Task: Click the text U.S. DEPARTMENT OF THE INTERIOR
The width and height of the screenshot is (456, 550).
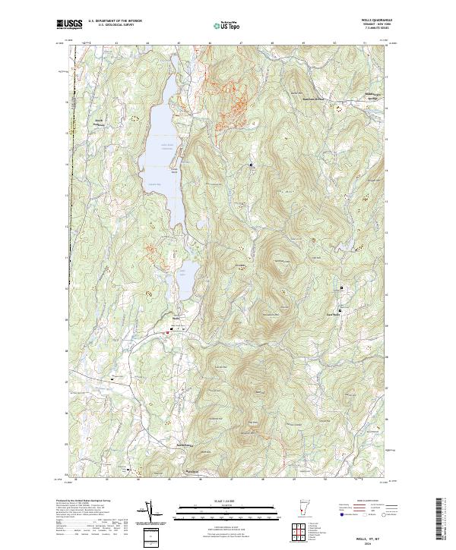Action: [115, 20]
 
